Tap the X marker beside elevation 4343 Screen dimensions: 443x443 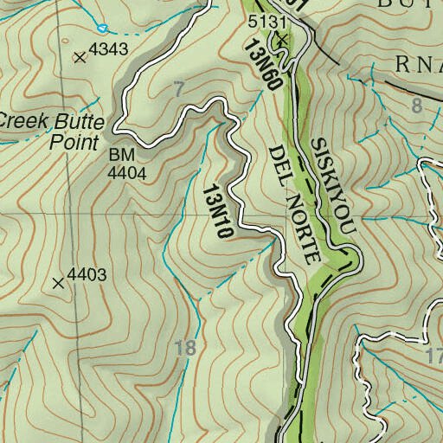(x=80, y=57)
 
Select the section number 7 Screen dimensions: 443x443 (x=178, y=88)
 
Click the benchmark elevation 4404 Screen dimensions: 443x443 (x=126, y=172)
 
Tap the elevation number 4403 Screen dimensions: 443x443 (x=86, y=275)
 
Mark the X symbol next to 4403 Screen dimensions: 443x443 (x=58, y=282)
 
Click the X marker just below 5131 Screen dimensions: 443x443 (x=281, y=40)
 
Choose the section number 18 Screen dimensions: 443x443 (x=185, y=349)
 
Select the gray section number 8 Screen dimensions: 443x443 (x=418, y=106)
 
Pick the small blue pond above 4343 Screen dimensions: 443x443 (x=102, y=28)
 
